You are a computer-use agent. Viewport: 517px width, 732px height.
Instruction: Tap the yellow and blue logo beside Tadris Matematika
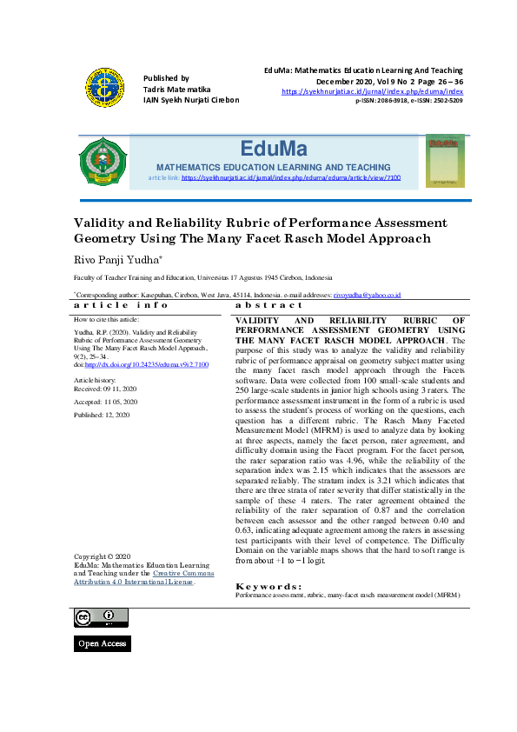[104, 88]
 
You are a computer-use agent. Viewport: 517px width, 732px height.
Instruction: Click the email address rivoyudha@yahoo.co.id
[366, 296]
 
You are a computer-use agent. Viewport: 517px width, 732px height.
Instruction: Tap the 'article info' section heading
[121, 305]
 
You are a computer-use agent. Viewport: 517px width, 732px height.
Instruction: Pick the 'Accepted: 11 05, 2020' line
[106, 403]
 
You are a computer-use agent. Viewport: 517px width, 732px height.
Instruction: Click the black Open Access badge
[102, 643]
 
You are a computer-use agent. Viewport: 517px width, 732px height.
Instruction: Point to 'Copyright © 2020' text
[103, 556]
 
